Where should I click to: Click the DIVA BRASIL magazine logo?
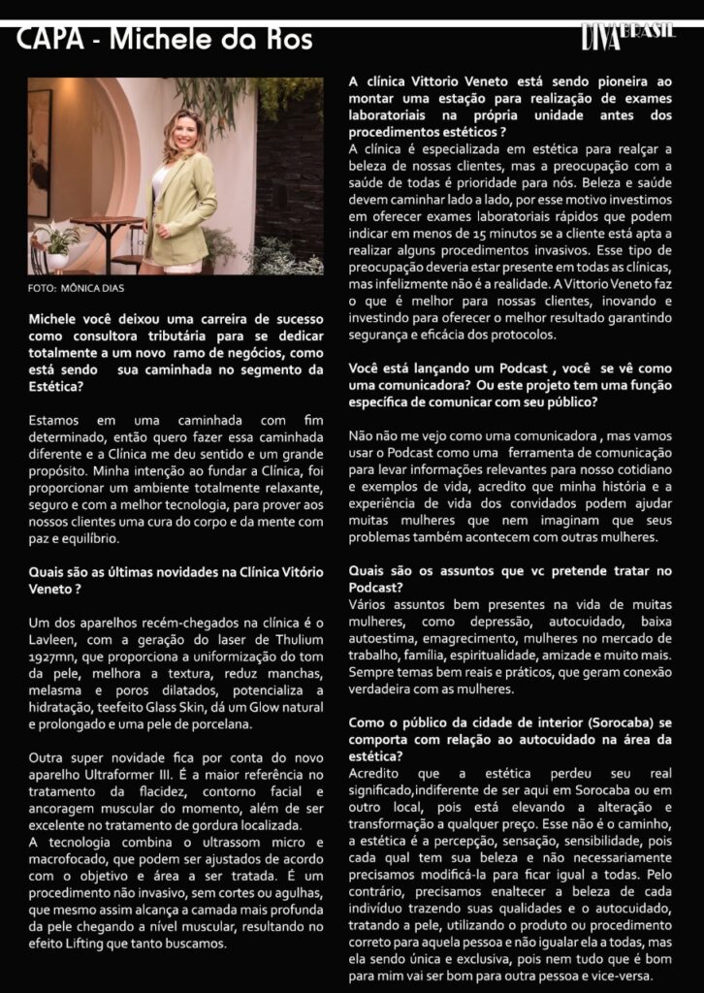coord(627,37)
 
